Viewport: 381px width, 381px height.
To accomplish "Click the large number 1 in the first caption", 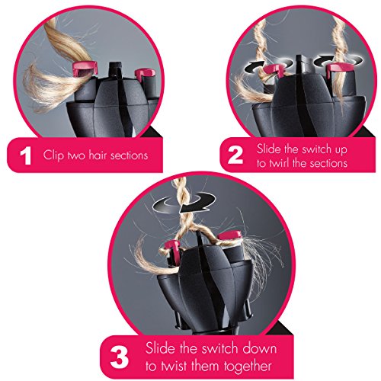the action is click(x=26, y=155).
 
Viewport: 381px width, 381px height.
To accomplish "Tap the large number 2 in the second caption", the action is click(x=235, y=155).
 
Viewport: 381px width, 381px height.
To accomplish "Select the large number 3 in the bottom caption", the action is click(x=120, y=357).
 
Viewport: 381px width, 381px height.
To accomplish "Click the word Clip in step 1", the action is click(x=53, y=155).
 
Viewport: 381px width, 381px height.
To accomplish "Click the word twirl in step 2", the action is click(x=279, y=163).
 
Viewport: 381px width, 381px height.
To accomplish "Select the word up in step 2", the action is click(x=341, y=150).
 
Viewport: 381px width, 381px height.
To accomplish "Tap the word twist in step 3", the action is click(x=172, y=366).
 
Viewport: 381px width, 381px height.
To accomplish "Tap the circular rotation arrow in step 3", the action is click(x=184, y=203).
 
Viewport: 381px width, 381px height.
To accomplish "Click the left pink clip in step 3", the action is click(x=172, y=248).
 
